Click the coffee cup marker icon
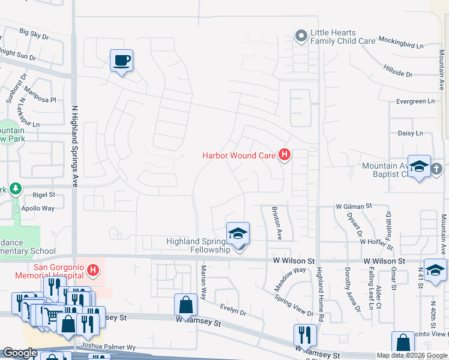point(121,61)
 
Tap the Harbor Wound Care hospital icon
point(285,155)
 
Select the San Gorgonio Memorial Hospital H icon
point(92,271)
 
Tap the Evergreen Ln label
point(415,101)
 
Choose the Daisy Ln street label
point(410,133)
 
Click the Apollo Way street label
point(39,208)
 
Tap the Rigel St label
point(43,194)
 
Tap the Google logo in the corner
point(20,352)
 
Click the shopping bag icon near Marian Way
point(185,304)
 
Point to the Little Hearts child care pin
point(301,37)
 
